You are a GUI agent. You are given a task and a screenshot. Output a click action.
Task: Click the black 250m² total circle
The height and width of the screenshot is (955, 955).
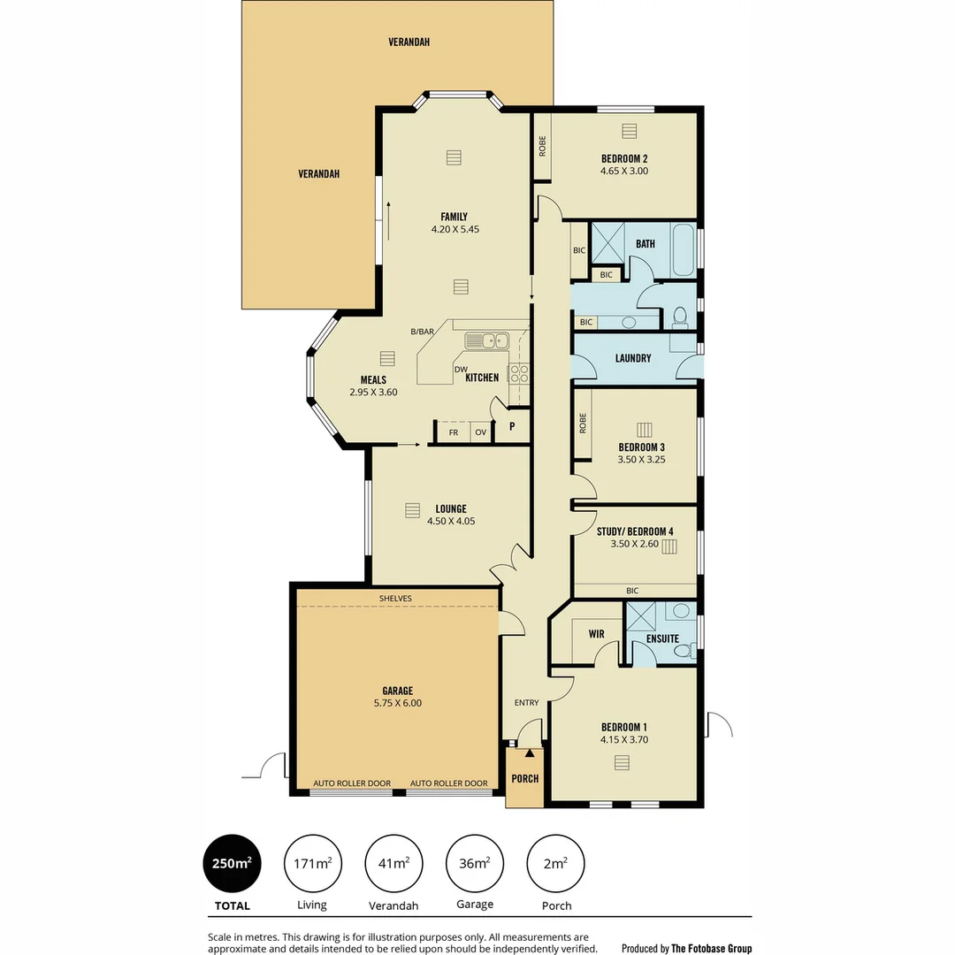tap(233, 863)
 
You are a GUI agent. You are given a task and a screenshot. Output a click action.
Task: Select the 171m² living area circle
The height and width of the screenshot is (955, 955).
tap(312, 863)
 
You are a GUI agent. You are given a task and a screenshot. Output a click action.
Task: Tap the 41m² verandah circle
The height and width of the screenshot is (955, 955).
tap(393, 863)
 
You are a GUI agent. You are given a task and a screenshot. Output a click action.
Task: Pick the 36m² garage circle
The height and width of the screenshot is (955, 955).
tap(475, 863)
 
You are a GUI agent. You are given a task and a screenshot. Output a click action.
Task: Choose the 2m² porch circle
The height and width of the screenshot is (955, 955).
tap(555, 863)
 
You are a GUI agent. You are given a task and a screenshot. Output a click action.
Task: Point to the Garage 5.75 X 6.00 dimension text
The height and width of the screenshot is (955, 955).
tap(397, 703)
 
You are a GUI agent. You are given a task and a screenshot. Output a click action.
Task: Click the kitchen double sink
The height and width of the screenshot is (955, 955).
tap(487, 340)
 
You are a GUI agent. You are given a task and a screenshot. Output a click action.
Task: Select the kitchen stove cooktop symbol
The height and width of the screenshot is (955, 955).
tap(518, 372)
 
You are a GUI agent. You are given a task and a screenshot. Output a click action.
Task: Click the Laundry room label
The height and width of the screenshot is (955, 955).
tap(633, 358)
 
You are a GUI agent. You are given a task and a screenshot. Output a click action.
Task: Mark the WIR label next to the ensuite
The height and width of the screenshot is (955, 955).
tap(596, 634)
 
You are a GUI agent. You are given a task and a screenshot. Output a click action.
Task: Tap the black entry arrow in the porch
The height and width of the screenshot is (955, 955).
tap(530, 753)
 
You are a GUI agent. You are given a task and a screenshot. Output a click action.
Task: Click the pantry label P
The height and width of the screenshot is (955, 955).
tap(512, 426)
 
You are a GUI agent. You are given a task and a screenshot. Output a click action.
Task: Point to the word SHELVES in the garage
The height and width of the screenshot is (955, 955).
tap(395, 599)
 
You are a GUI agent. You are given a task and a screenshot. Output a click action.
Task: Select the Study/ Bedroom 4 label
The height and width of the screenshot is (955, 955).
tap(635, 531)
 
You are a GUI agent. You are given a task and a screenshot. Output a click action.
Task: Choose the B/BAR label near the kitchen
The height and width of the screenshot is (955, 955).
tap(422, 332)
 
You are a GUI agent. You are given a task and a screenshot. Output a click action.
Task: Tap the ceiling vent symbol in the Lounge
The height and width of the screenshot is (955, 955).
tap(411, 510)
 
